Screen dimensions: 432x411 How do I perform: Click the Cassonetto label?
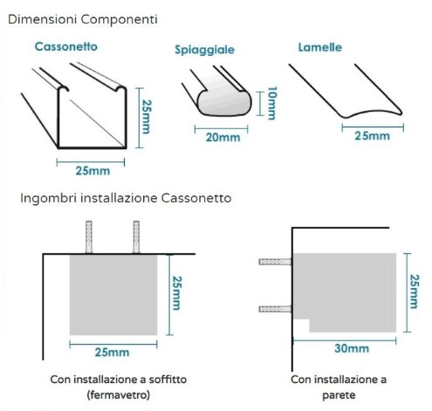66,47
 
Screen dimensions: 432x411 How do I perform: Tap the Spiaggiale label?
204,50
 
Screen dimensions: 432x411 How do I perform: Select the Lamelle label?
320,47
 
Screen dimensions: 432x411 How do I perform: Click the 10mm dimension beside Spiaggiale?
271,103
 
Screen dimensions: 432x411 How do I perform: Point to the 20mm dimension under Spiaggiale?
223,137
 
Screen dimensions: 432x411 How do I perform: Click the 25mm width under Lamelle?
372,136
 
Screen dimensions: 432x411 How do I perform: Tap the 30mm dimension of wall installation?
352,348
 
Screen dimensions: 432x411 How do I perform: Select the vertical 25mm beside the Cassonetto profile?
147,117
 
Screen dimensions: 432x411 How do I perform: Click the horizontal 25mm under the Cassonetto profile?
93,171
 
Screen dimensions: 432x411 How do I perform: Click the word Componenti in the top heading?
120,19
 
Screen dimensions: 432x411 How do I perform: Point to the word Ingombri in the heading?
49,198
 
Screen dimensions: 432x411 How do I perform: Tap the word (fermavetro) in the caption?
118,395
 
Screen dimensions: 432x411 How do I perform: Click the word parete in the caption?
339,395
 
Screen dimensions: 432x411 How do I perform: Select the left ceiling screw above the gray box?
89,237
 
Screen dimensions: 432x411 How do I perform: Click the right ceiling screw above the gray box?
136,237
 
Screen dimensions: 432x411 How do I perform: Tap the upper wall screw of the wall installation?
275,262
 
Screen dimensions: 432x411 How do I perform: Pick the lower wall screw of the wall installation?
275,309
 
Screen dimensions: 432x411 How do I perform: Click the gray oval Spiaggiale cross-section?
224,103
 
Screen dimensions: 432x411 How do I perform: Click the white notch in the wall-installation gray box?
301,325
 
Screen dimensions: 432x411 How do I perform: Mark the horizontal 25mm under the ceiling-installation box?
112,353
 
